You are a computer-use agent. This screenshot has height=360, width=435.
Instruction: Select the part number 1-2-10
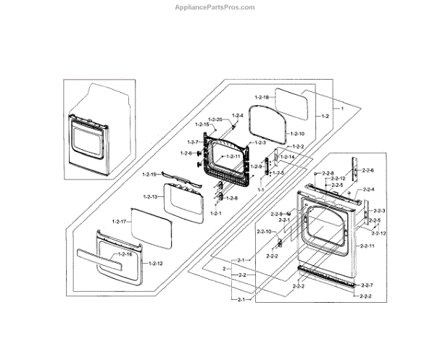(297, 134)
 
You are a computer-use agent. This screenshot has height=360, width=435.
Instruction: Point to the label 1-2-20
(215, 119)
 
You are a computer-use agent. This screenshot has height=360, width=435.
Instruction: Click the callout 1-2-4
(238, 116)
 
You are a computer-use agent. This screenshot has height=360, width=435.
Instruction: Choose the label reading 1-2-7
(193, 141)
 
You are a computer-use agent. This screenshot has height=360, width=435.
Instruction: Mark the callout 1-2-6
(186, 154)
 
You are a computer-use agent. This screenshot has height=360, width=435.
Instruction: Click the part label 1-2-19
(150, 175)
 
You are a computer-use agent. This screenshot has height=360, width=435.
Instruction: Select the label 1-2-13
(151, 197)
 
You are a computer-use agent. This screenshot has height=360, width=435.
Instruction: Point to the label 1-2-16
(125, 254)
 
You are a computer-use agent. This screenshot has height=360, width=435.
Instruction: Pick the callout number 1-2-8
(231, 198)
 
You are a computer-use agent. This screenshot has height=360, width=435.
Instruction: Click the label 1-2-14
(287, 157)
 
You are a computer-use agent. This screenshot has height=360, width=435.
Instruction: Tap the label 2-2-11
(367, 246)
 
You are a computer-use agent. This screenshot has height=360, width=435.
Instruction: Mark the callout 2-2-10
(263, 231)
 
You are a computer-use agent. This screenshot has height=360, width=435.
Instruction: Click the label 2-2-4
(368, 190)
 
